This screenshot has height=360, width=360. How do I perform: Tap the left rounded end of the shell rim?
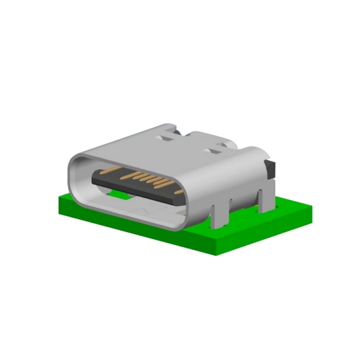point(73,174)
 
